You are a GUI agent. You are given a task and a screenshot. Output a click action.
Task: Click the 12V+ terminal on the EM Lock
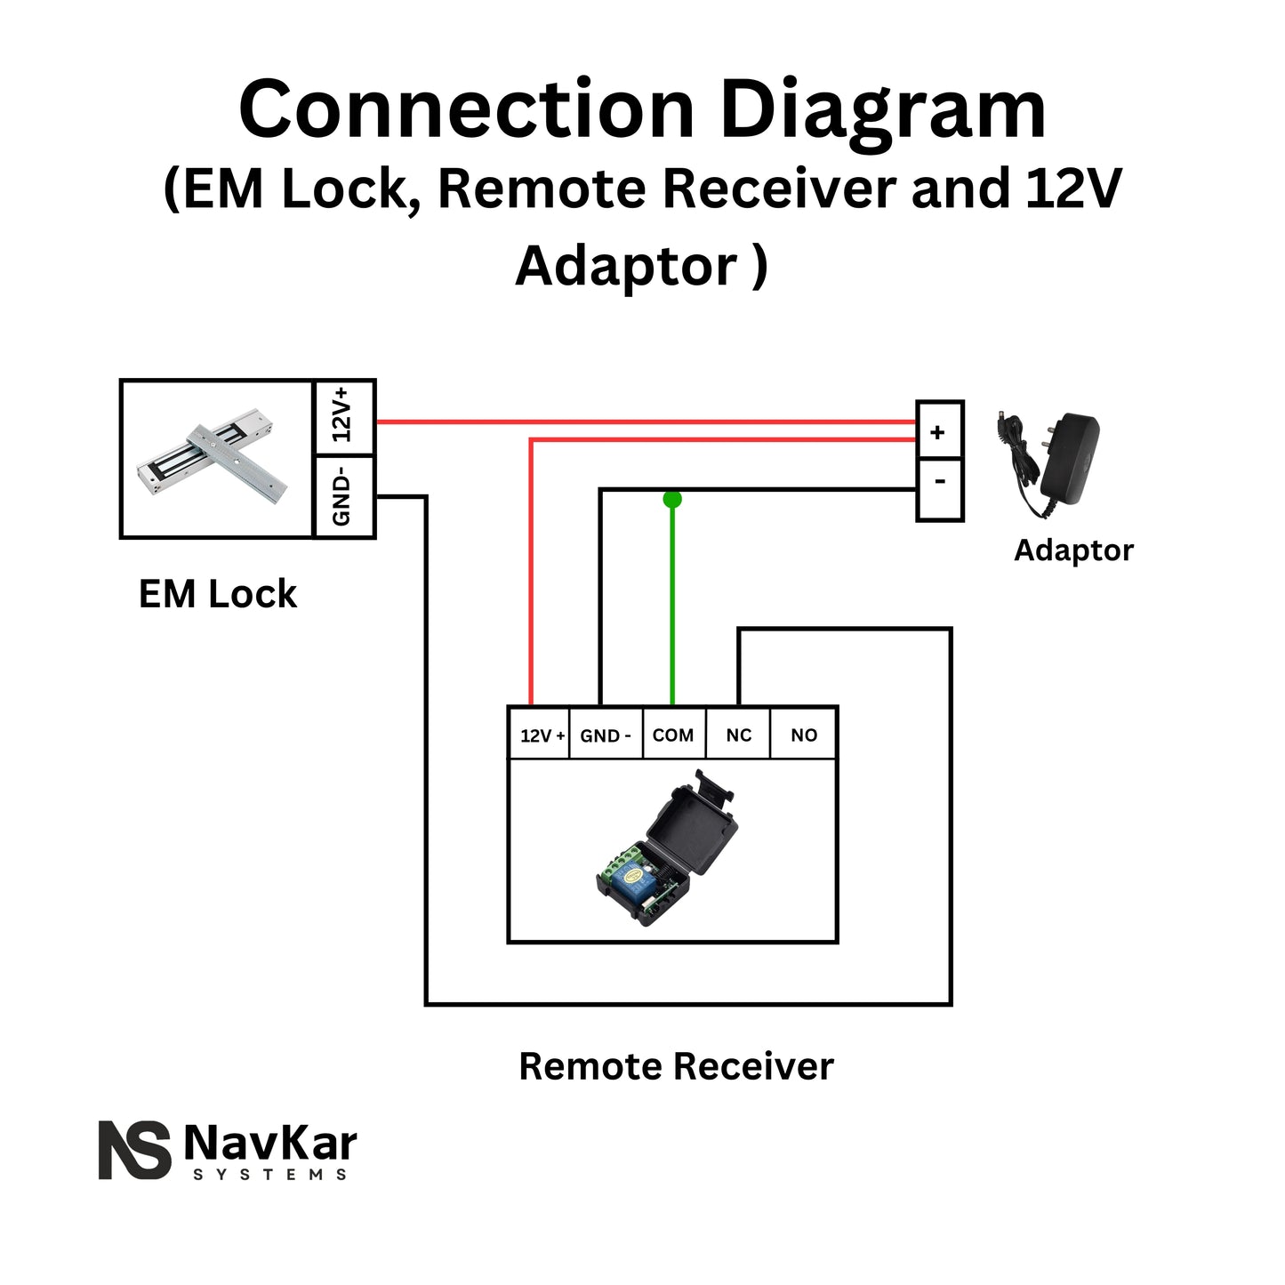pos(344,416)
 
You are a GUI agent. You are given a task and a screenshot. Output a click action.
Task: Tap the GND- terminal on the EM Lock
pos(344,497)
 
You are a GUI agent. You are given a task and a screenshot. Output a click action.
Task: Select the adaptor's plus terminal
pos(939,431)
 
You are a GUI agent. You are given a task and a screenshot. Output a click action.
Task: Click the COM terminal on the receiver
pos(673,735)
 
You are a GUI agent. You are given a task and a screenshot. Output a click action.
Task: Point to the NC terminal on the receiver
pos(738,735)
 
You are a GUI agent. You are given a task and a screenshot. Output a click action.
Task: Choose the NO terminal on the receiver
pos(803,735)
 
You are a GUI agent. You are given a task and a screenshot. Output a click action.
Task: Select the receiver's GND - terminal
pos(606,735)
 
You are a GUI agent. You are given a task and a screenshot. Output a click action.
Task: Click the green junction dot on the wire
pos(672,499)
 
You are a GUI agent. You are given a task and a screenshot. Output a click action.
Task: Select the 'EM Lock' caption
pos(218,594)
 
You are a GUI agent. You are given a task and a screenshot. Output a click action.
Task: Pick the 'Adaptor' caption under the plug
pos(1073,550)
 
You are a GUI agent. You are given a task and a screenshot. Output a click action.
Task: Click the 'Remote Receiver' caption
pos(676,1066)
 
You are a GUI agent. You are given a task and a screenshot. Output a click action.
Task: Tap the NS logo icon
pos(134,1150)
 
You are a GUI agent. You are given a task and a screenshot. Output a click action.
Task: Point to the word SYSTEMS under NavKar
pos(270,1175)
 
